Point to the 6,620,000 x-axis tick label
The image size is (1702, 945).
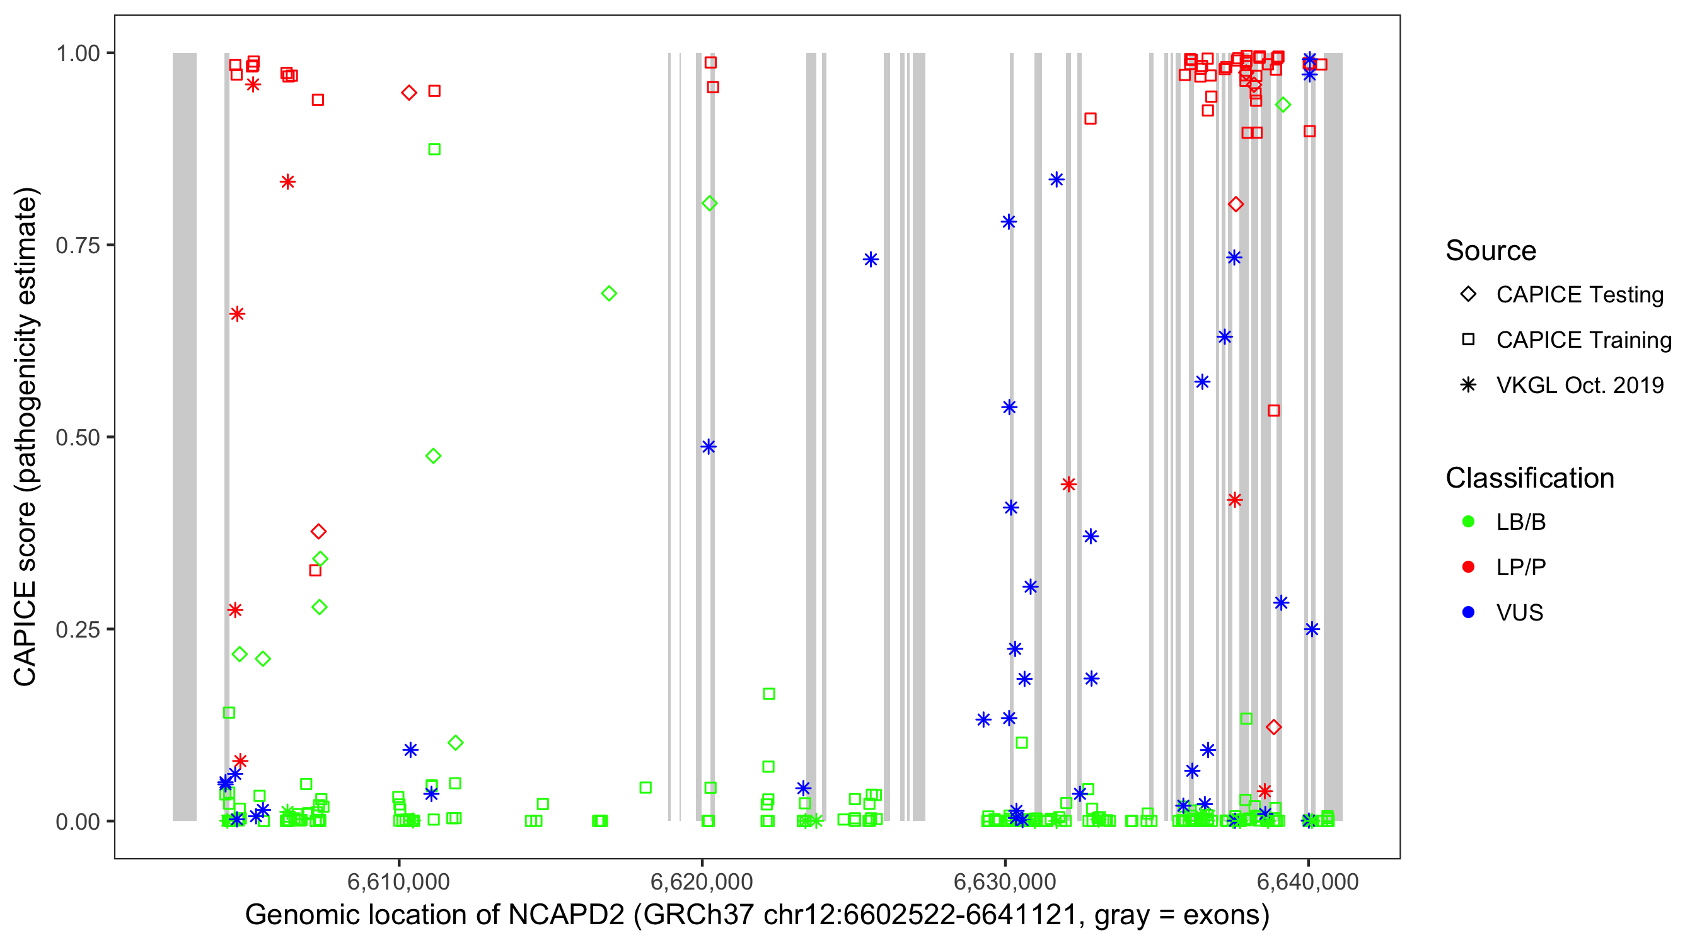click(x=701, y=881)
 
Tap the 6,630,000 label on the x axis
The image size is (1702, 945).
click(x=1004, y=881)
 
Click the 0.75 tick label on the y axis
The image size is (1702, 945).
click(x=78, y=246)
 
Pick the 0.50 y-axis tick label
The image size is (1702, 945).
click(x=78, y=437)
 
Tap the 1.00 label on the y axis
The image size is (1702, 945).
click(x=78, y=54)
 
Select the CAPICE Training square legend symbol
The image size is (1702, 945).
click(x=1468, y=340)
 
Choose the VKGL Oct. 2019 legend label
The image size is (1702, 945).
click(x=1579, y=385)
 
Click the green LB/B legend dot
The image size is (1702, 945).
click(x=1468, y=522)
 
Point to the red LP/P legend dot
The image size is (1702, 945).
click(x=1468, y=567)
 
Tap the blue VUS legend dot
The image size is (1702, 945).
click(x=1468, y=612)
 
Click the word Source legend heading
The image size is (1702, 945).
click(x=1490, y=251)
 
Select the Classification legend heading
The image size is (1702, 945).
click(x=1529, y=478)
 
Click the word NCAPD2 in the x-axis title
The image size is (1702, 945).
click(x=565, y=915)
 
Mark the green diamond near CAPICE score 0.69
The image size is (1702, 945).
click(x=608, y=293)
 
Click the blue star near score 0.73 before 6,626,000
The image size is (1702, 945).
click(x=870, y=260)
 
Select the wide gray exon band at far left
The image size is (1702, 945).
click(x=184, y=436)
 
